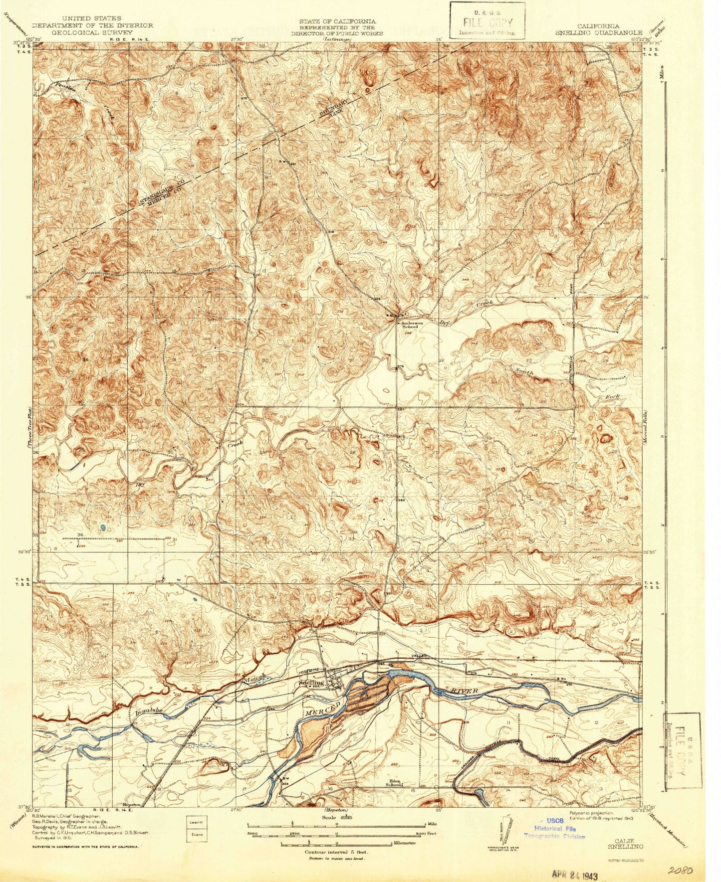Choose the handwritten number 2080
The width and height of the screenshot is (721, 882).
click(x=679, y=870)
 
